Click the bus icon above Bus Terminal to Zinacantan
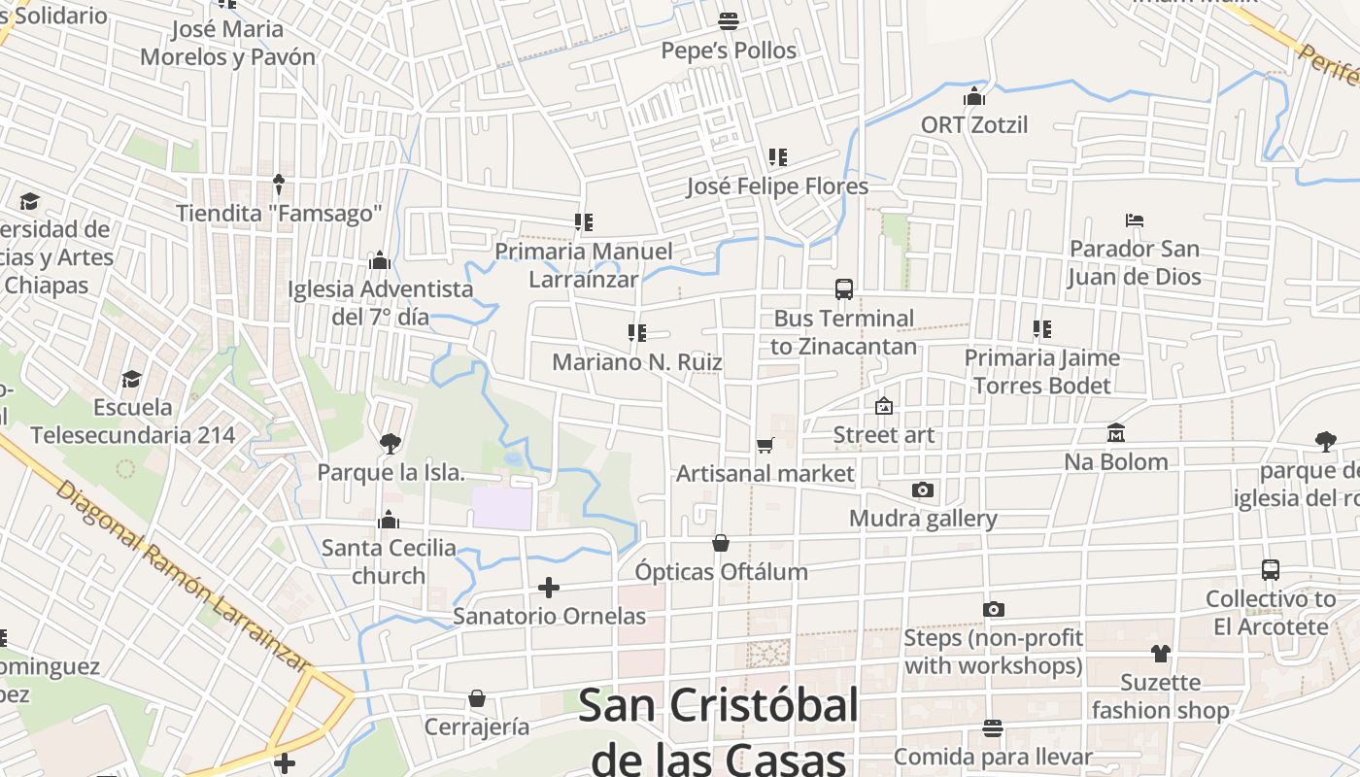coord(843,289)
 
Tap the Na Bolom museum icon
coord(1115,433)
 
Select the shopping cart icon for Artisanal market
coord(765,446)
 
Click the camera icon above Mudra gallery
coord(922,490)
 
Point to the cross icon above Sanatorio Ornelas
coord(549,588)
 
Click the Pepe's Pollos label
coord(729,51)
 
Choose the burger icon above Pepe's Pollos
coord(728,20)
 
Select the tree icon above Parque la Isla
coord(390,444)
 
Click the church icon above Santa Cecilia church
coord(389,520)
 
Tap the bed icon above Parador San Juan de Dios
coord(1134,220)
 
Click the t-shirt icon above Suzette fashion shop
coord(1160,654)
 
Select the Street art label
coord(884,435)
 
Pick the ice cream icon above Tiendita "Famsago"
coord(279,184)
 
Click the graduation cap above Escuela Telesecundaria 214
coord(131,379)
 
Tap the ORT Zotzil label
coord(974,125)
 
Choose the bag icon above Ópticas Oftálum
coord(721,543)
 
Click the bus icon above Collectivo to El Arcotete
coord(1270,570)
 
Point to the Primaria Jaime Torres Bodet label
coord(1041,372)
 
